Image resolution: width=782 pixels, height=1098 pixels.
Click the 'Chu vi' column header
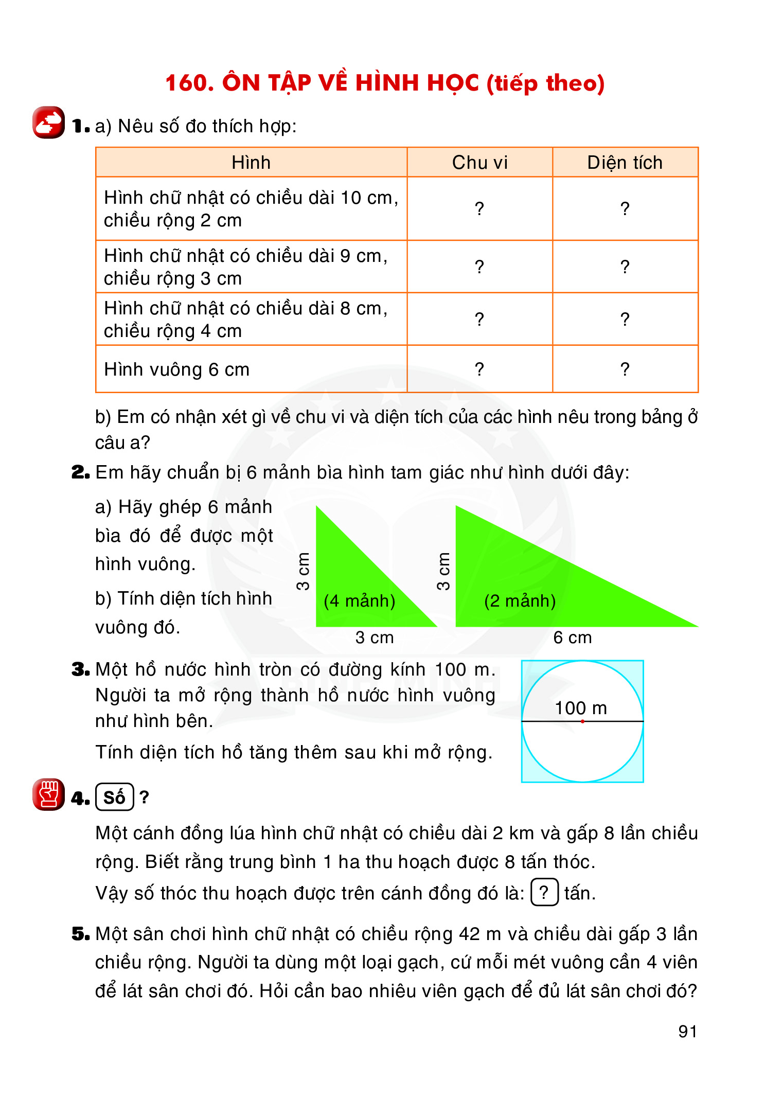tap(479, 163)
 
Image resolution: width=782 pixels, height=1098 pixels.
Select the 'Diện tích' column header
tap(625, 163)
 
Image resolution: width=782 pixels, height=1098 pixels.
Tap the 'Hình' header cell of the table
tap(251, 163)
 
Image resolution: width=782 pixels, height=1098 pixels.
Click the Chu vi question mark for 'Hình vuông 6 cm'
tap(479, 369)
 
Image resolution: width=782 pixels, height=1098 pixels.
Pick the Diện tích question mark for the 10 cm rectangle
tap(625, 208)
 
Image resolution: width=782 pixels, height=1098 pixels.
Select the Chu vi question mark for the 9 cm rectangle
tap(479, 267)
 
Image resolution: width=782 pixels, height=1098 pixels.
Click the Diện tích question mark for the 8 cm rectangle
tap(625, 319)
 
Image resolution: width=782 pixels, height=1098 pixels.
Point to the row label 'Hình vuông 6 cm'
tap(176, 369)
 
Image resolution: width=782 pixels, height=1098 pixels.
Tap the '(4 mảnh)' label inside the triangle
tap(359, 600)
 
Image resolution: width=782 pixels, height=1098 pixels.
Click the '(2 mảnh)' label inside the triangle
tap(520, 600)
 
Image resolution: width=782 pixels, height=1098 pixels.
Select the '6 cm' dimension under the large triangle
tap(572, 637)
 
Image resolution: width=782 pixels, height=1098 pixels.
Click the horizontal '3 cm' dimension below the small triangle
tap(374, 637)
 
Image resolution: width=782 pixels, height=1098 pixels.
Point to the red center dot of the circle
tap(582, 721)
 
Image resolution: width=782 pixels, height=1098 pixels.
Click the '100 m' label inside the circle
tap(581, 708)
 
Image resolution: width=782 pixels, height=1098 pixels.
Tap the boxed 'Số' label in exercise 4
tap(114, 797)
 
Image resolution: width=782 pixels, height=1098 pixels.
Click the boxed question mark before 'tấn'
tap(544, 892)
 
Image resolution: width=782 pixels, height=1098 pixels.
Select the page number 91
tap(688, 1031)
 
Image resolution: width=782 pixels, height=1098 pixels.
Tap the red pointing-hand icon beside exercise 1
tap(48, 122)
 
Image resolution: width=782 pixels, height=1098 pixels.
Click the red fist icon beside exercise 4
tap(48, 794)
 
